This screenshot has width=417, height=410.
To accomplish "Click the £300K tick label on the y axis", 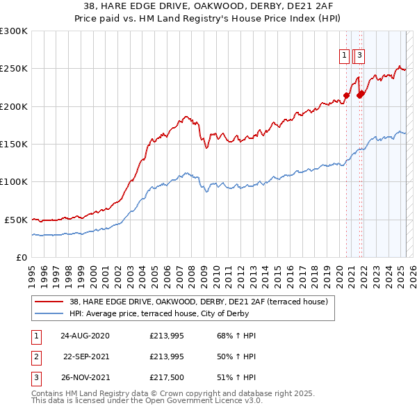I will tap(14, 31).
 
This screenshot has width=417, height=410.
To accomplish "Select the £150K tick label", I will tap(14, 144).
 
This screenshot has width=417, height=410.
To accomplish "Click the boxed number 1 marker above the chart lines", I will tap(345, 57).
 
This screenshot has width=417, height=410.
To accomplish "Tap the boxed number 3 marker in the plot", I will tap(361, 57).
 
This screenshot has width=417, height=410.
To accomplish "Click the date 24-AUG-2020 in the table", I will tap(85, 336).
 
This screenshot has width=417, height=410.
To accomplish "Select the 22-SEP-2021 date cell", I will tap(86, 357).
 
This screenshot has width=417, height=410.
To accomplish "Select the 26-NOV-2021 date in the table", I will tap(85, 379).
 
